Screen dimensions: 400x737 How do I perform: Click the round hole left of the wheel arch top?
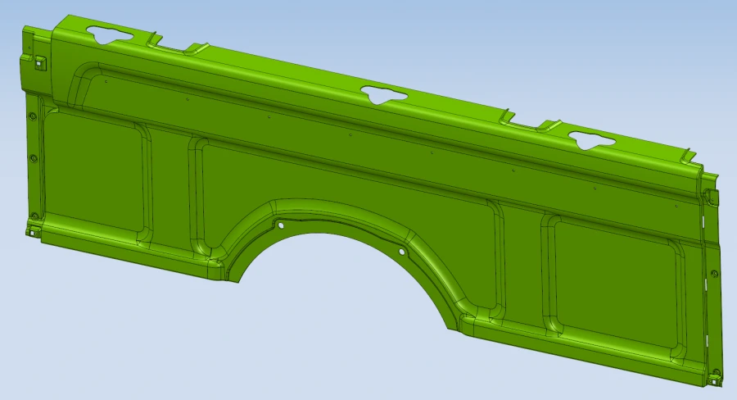click(281, 225)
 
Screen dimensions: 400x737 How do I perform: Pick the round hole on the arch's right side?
click(401, 252)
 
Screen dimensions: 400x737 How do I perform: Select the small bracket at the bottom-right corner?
click(717, 379)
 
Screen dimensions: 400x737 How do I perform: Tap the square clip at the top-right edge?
click(709, 197)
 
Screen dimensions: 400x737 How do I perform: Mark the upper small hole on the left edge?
click(32, 116)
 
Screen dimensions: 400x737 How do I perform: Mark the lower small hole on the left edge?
click(33, 158)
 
